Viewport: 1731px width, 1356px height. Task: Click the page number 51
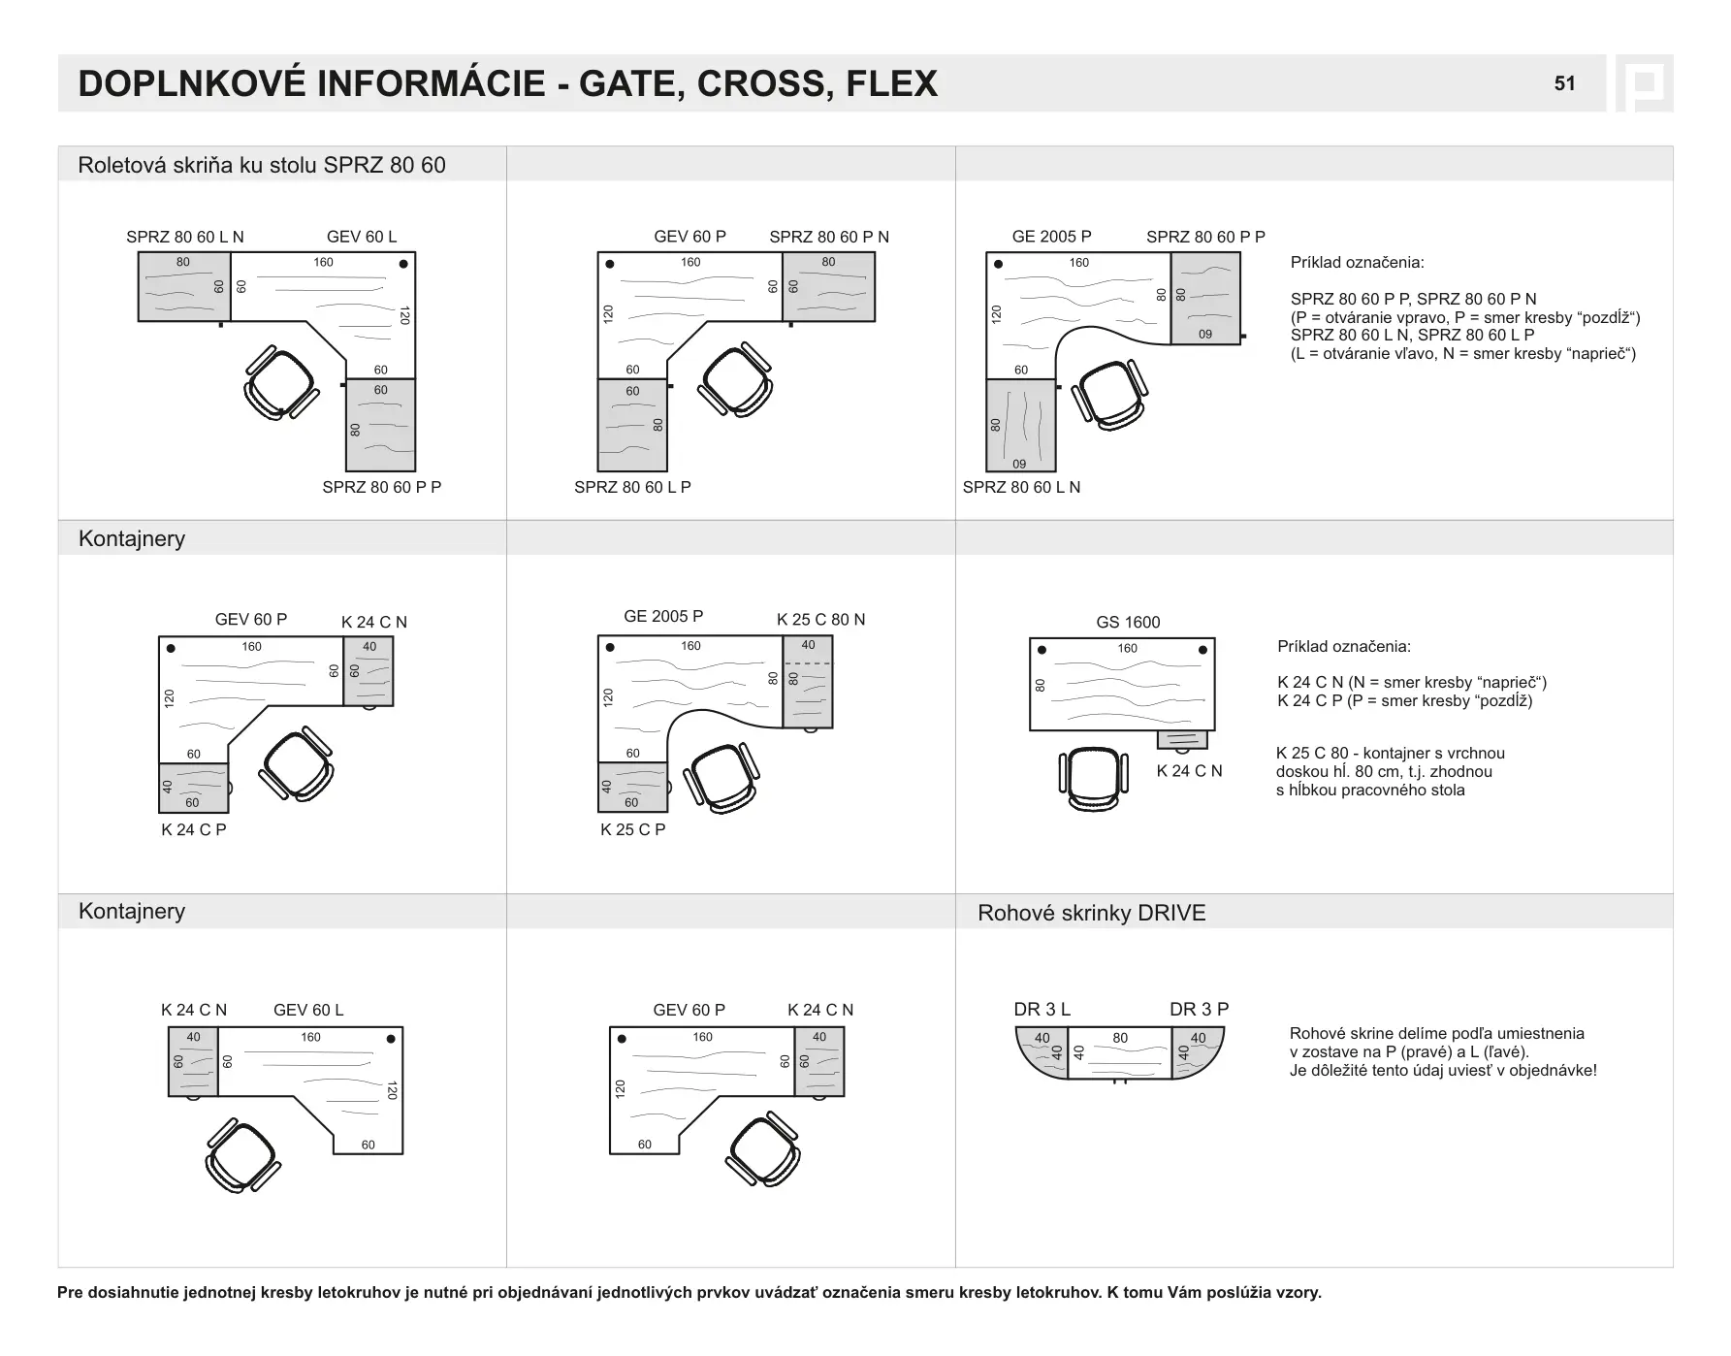1564,83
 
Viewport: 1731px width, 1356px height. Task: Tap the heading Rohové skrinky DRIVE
1091,913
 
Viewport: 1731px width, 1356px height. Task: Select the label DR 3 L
1042,1009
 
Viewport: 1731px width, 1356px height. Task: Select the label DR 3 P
1199,1009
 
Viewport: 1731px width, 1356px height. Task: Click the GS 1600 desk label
1128,622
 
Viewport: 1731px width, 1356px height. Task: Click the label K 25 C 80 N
820,620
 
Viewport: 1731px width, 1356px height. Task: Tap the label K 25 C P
632,829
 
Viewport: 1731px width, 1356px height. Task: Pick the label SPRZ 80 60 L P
632,487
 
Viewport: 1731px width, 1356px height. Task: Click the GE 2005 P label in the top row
1051,237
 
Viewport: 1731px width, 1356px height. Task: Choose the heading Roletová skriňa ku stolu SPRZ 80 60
262,165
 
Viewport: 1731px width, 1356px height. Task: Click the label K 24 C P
194,829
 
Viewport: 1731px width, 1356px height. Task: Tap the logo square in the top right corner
1644,83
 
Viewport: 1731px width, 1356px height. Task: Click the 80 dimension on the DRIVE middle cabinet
1120,1038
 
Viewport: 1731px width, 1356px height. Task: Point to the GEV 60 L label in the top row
362,237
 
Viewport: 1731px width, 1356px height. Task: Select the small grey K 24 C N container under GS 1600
1182,740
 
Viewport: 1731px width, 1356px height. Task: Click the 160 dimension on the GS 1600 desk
1127,648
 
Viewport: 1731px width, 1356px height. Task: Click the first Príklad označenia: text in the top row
1357,263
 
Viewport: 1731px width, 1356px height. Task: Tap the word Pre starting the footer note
70,1292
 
